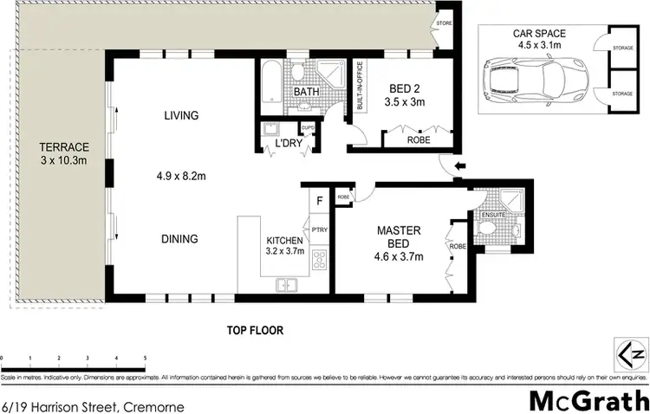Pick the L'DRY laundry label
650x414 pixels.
(288, 143)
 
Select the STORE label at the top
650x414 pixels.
(445, 23)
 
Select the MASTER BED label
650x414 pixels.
(398, 237)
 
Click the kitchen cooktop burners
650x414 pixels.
(319, 257)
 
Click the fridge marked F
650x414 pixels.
(320, 202)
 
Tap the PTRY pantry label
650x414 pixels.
(319, 230)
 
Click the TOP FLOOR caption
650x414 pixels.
(256, 330)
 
